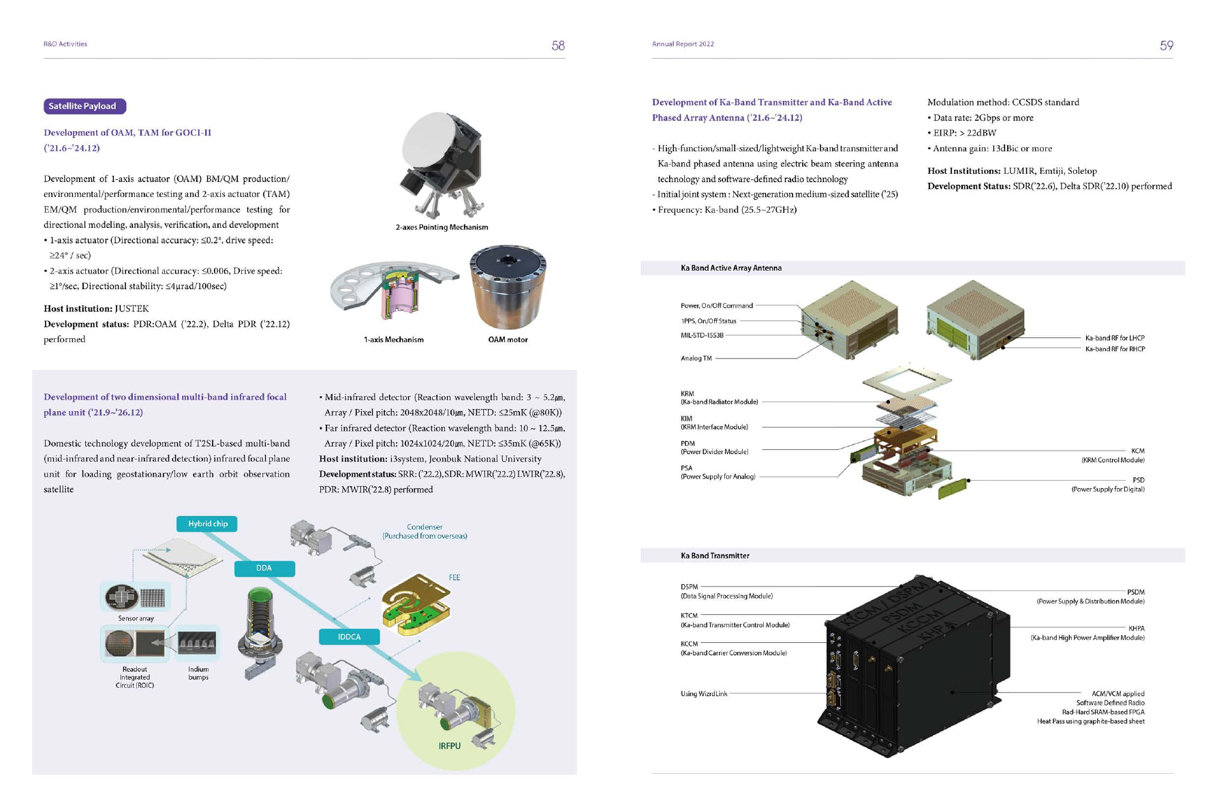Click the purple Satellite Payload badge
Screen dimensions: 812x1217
click(84, 106)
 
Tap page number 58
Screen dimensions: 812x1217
click(558, 46)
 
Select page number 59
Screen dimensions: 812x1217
click(1166, 46)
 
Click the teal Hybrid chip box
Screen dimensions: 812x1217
click(207, 524)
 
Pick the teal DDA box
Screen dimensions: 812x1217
click(264, 568)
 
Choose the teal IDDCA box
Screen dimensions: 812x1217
click(349, 637)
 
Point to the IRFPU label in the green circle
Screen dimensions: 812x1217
click(449, 746)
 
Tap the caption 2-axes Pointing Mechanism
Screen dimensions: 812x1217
click(442, 227)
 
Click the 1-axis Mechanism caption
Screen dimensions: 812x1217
click(393, 340)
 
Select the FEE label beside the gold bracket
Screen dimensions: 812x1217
click(455, 577)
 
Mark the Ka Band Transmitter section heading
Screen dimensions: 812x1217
click(715, 556)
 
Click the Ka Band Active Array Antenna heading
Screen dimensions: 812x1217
click(730, 268)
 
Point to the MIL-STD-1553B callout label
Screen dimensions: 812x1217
click(702, 335)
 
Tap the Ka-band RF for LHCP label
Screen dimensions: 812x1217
click(1114, 337)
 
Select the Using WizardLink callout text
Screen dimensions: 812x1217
click(703, 694)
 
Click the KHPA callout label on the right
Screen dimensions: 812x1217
click(1136, 629)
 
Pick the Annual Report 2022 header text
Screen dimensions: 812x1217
click(683, 44)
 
